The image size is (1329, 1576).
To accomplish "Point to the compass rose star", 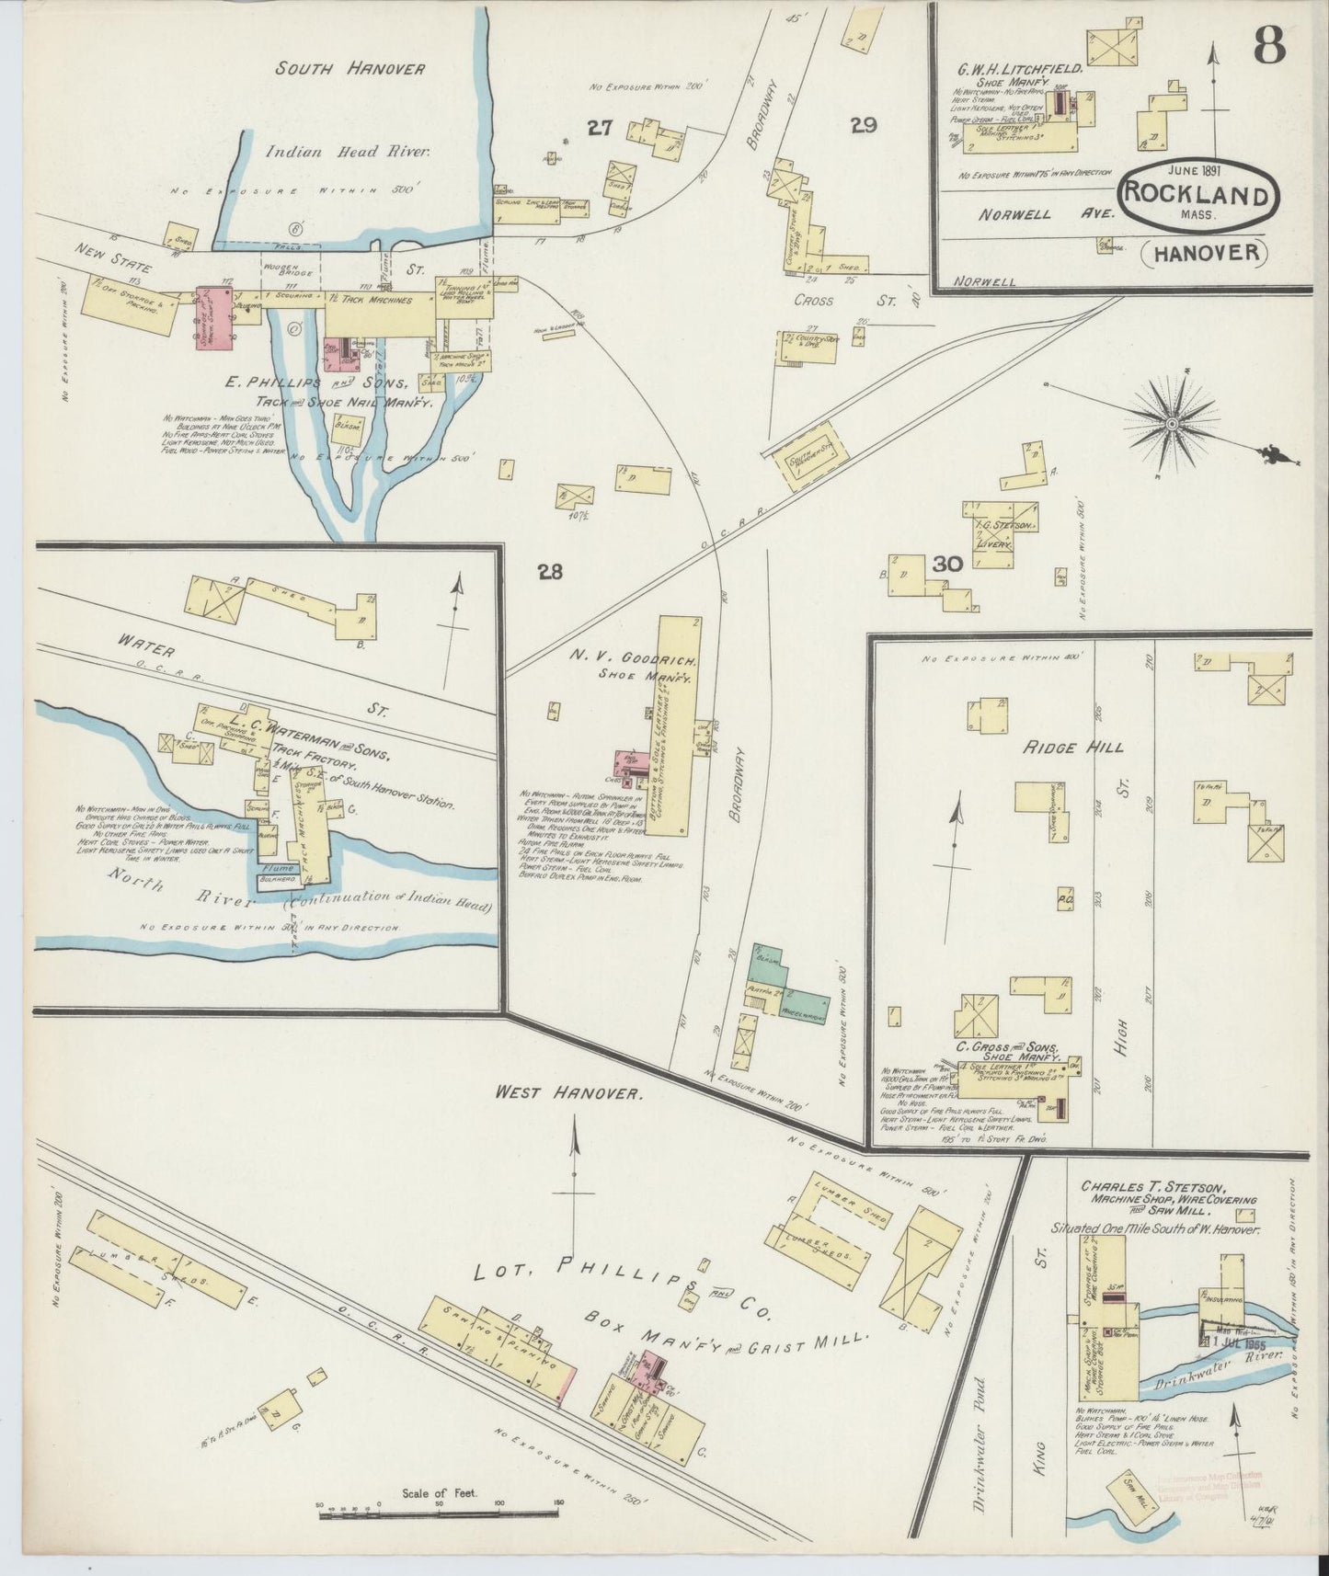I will point(1172,423).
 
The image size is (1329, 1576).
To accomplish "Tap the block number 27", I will point(600,130).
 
